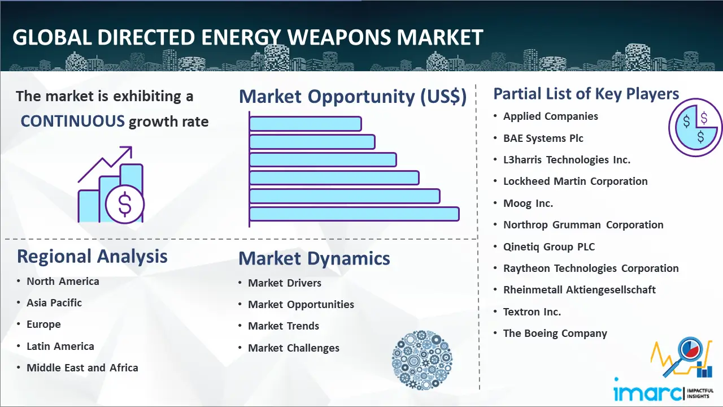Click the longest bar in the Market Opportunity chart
pyautogui.click(x=354, y=214)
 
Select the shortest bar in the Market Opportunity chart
pyautogui.click(x=306, y=124)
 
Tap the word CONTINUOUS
pyautogui.click(x=73, y=121)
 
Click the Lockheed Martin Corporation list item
pyautogui.click(x=576, y=181)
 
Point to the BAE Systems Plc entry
pyautogui.click(x=543, y=138)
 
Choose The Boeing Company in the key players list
pyautogui.click(x=555, y=334)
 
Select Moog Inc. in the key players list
pyautogui.click(x=528, y=203)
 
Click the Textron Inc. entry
pyautogui.click(x=532, y=311)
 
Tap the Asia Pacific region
pyautogui.click(x=54, y=302)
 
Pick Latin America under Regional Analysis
pyautogui.click(x=60, y=347)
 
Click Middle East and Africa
pyautogui.click(x=82, y=367)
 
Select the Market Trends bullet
pyautogui.click(x=284, y=326)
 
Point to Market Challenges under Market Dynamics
pyautogui.click(x=294, y=348)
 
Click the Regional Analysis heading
pyautogui.click(x=92, y=256)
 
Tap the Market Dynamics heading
pyautogui.click(x=314, y=258)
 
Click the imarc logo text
pyautogui.click(x=647, y=392)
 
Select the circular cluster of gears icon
pyautogui.click(x=422, y=360)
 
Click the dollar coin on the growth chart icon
pyautogui.click(x=125, y=204)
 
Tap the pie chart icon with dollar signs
pyautogui.click(x=695, y=128)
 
